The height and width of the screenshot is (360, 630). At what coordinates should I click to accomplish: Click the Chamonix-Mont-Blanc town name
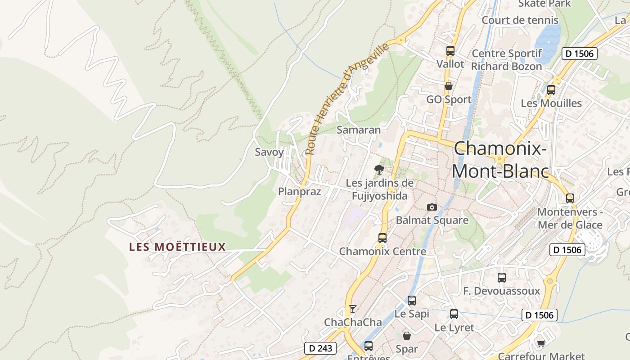(500, 160)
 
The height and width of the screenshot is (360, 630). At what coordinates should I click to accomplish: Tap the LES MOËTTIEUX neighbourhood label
(177, 247)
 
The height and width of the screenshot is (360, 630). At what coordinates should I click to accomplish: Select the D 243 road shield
(320, 348)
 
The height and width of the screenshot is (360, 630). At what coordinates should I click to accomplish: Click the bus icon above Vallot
(450, 51)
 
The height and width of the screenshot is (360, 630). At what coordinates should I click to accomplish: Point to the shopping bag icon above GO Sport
(448, 85)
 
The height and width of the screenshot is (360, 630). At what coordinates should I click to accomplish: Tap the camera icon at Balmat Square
(432, 207)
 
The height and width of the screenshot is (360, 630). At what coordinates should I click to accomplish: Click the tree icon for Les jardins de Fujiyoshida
(379, 170)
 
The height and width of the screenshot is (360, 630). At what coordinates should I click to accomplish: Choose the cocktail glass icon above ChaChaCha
(353, 309)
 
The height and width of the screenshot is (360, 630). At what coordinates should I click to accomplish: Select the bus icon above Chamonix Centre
(382, 238)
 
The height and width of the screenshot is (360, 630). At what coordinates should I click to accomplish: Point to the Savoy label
(270, 152)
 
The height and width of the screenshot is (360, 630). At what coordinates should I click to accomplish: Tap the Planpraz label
(300, 192)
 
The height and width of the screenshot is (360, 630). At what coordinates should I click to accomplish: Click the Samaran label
(359, 130)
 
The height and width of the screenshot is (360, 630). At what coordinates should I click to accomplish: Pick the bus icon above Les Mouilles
(551, 90)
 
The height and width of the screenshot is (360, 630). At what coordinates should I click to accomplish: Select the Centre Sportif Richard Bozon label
(507, 60)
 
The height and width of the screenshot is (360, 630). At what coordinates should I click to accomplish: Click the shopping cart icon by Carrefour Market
(541, 344)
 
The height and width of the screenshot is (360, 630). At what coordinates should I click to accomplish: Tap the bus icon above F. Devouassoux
(502, 278)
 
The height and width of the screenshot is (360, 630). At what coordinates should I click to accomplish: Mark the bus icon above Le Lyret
(454, 314)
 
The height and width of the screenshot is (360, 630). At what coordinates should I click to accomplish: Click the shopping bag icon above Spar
(407, 336)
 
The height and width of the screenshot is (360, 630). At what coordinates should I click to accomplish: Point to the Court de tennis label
(520, 20)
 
